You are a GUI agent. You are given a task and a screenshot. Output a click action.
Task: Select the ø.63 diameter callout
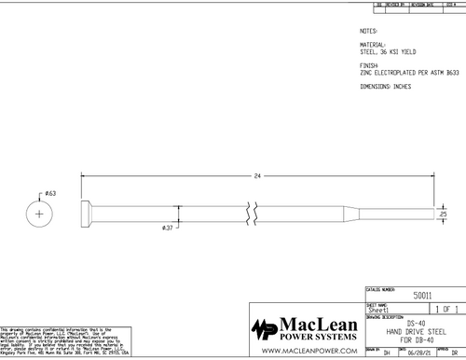(50, 193)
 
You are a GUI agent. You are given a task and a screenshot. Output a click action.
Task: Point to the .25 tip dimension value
(443, 214)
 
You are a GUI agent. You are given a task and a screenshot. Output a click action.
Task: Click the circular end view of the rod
(39, 214)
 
